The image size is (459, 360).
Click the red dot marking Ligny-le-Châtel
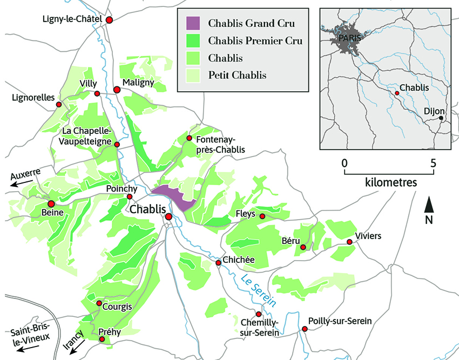[x=110, y=19]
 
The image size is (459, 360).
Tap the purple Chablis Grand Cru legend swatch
[x=192, y=23]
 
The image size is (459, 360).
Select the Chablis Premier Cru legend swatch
[x=192, y=40]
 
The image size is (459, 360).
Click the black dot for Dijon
[x=441, y=118]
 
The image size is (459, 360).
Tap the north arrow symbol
[x=429, y=205]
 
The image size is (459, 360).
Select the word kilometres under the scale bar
[x=390, y=182]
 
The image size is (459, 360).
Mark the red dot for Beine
[x=51, y=204]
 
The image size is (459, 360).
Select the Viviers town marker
[x=349, y=242]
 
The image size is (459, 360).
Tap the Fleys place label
[x=246, y=214]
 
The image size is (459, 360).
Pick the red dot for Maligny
[x=117, y=90]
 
